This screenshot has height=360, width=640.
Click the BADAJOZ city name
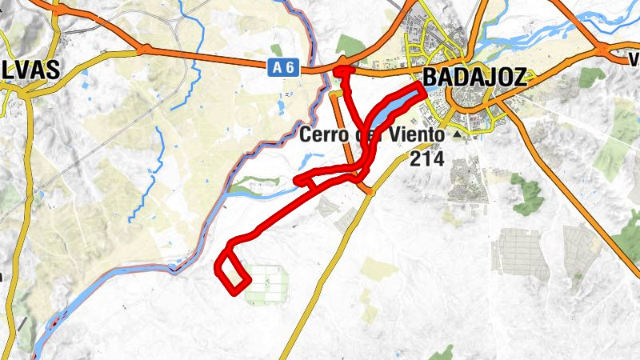474,77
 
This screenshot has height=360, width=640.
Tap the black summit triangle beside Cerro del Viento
458,135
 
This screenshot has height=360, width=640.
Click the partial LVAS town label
30,70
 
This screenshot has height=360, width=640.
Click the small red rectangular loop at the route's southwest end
233,272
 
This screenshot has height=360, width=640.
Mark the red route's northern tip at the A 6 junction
343,71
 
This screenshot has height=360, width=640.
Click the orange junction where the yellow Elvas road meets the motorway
142,49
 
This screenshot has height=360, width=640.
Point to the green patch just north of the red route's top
350,46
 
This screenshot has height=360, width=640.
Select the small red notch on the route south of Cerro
304,181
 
